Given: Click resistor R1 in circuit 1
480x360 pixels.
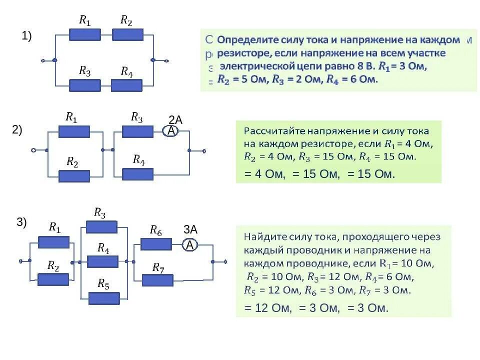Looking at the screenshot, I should tap(84, 34).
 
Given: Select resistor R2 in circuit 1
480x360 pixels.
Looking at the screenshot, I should tap(127, 34).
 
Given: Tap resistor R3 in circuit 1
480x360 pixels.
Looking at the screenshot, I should tap(84, 85).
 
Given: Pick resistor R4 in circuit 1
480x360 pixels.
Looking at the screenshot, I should tap(126, 85).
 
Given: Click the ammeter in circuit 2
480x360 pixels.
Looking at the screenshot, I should tap(171, 131).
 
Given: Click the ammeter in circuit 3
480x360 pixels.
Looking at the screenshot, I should tap(189, 245).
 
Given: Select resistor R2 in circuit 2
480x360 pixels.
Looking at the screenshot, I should tap(74, 176).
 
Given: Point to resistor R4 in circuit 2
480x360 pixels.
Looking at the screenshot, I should tap(137, 174).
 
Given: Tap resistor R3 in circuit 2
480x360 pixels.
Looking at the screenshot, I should tap(137, 131).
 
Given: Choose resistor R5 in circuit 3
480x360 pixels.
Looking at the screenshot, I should tap(104, 298).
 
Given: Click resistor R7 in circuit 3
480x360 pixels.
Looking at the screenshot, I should tap(157, 280).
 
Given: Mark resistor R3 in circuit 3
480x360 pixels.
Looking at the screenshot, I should tap(101, 227).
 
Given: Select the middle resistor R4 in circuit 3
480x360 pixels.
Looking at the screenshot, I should tap(102, 261).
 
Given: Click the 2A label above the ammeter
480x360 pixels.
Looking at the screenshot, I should tap(175, 120).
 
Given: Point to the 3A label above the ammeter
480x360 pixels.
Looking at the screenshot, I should tap(190, 230).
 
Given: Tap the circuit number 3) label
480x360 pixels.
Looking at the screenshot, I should tap(22, 223).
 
